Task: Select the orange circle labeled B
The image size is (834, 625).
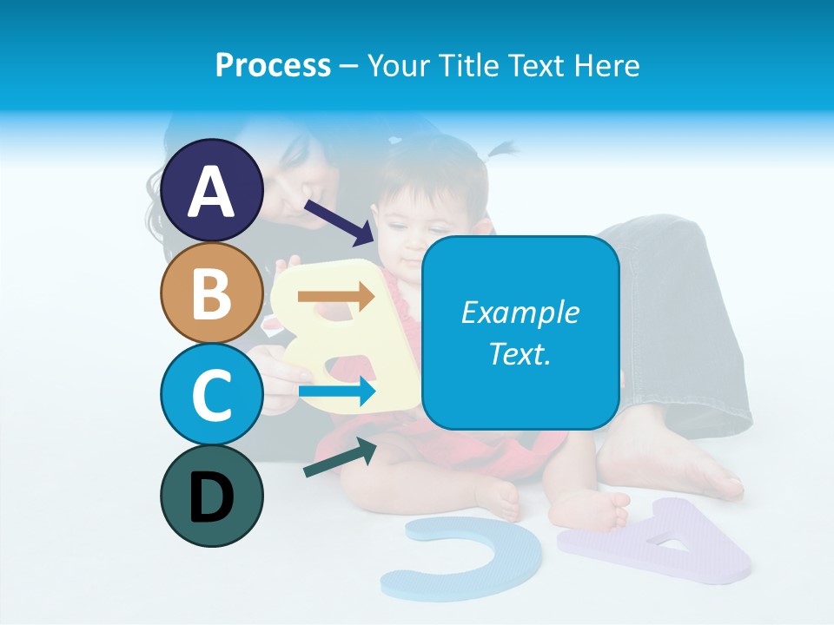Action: click(x=211, y=293)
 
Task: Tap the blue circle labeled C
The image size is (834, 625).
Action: click(x=211, y=394)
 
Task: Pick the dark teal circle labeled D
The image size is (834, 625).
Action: click(x=211, y=496)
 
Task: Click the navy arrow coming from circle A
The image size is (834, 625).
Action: click(x=339, y=222)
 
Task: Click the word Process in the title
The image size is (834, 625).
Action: click(x=273, y=65)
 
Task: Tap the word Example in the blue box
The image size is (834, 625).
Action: click(x=520, y=312)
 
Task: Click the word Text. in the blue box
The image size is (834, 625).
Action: click(x=520, y=353)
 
